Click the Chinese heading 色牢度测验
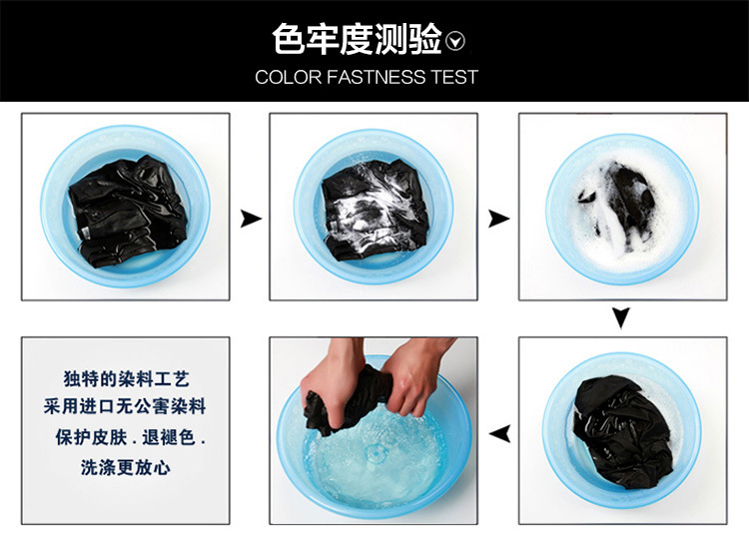(357, 39)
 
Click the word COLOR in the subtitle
(288, 77)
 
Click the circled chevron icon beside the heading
(454, 41)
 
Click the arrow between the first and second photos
(251, 219)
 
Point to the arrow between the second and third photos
(498, 220)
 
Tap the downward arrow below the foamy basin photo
(621, 318)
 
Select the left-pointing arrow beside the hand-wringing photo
(500, 433)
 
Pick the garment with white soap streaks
(374, 210)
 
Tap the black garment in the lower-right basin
(621, 430)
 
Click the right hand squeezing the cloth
(413, 377)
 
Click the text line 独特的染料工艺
(126, 379)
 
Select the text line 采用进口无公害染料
(125, 407)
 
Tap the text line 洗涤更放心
(125, 467)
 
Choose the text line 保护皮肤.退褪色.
(130, 437)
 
